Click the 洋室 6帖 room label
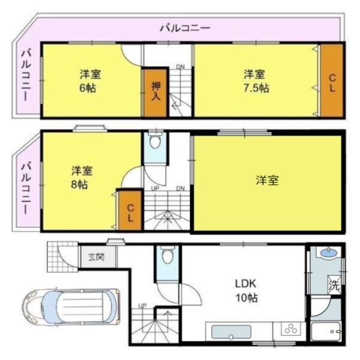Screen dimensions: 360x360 pyautogui.click(x=91, y=81)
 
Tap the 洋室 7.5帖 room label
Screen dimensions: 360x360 pyautogui.click(x=256, y=81)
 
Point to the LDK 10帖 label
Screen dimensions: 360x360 pyautogui.click(x=246, y=290)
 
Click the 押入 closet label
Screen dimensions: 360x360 pyautogui.click(x=155, y=91)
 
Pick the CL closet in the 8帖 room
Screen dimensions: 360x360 pyautogui.click(x=129, y=210)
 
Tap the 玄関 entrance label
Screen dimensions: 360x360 pyautogui.click(x=96, y=257)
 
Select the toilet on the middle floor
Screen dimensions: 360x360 pyautogui.click(x=155, y=143)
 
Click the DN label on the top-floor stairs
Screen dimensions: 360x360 pyautogui.click(x=180, y=67)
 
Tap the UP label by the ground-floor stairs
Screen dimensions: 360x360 pyautogui.click(x=142, y=306)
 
